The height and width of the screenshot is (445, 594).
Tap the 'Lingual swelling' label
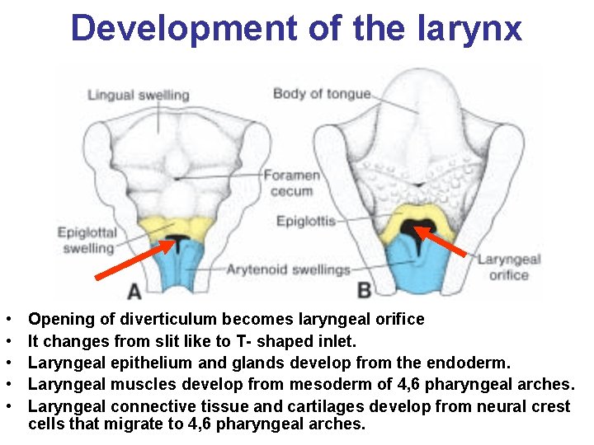(x=138, y=95)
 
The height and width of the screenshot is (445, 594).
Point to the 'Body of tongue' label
(x=322, y=93)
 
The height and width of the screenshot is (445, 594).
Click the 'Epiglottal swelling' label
(x=87, y=240)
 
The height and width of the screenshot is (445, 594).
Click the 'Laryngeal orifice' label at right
(x=509, y=266)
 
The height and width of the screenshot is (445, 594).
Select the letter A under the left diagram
(x=134, y=291)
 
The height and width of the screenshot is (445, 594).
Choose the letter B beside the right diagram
(x=364, y=289)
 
